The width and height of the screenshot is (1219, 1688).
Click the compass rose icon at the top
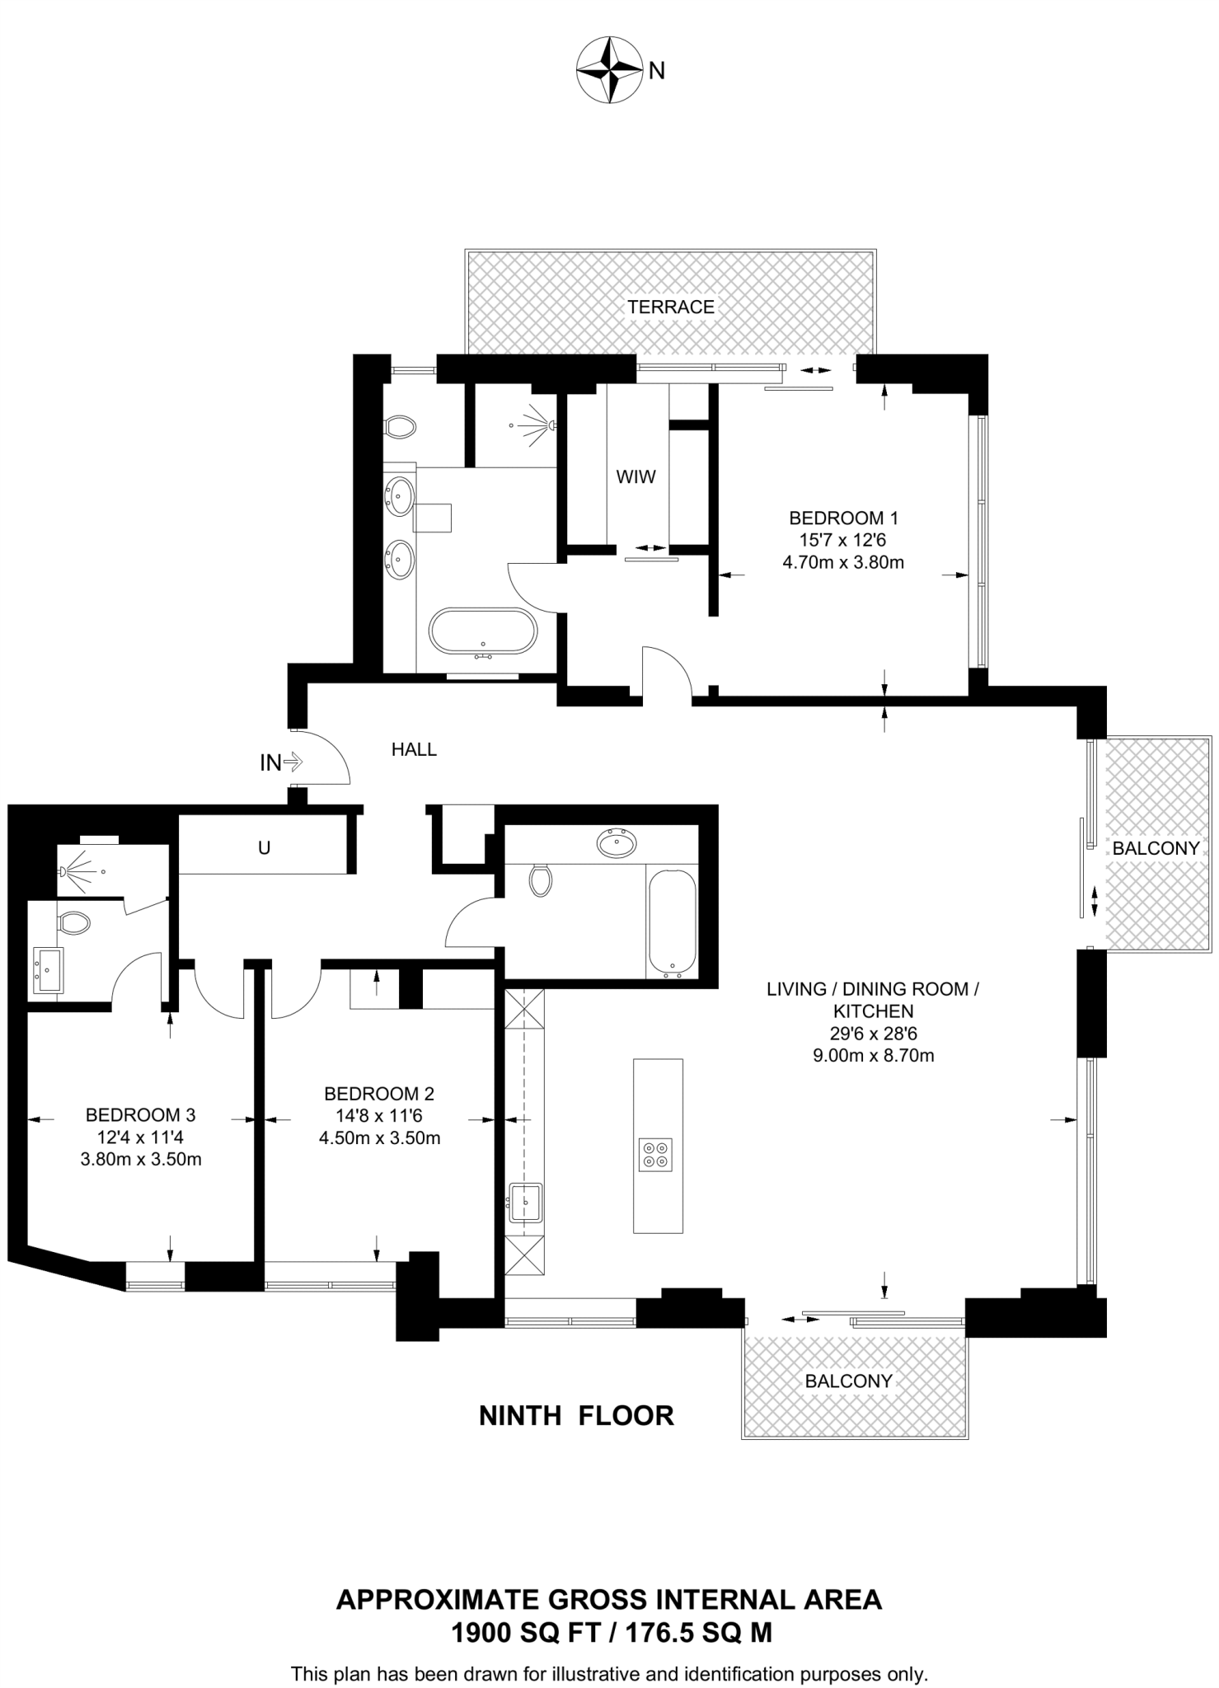coord(609,70)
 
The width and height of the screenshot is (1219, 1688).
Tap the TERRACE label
coord(670,307)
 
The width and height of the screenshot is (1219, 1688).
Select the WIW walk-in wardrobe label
coord(635,476)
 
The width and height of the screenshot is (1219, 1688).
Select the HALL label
coord(414,749)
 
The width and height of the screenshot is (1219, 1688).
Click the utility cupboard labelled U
coord(264,847)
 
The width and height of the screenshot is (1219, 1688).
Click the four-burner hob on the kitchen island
coord(657,1154)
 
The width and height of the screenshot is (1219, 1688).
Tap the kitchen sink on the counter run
coord(525,1203)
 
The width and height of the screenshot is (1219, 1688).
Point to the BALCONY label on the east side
coord(1155,848)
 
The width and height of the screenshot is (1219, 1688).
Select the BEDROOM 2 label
coord(379,1094)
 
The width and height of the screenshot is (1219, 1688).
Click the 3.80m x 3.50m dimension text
coord(140,1160)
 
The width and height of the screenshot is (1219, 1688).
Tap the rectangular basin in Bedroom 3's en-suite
coord(47,969)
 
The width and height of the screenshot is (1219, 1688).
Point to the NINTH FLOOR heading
coord(576,1416)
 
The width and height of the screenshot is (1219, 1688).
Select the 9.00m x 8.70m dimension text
coord(873,1055)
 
